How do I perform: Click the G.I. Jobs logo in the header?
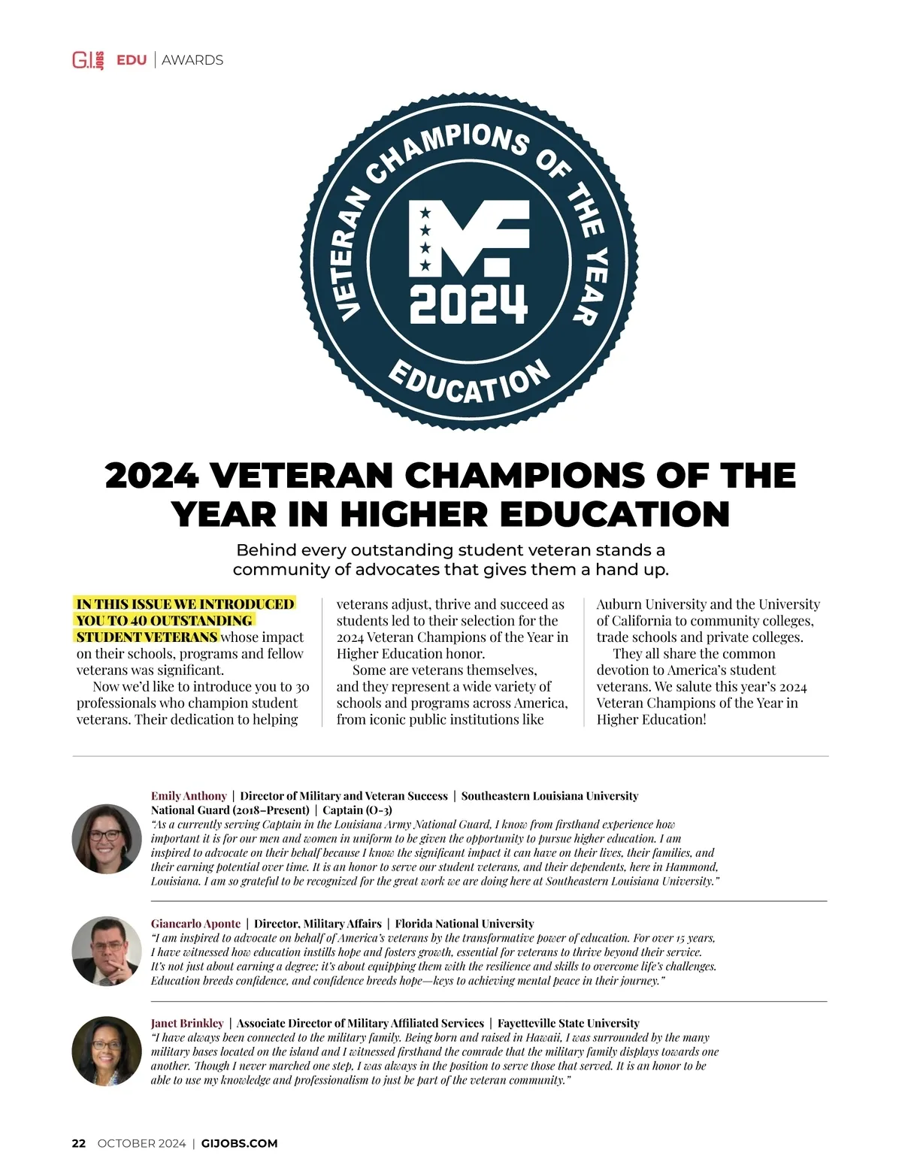pos(88,60)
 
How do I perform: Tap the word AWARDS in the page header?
pos(192,60)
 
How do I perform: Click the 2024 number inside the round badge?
pos(468,304)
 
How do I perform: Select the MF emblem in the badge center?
pos(468,238)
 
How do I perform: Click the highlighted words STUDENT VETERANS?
pos(147,637)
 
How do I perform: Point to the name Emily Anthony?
pos(189,796)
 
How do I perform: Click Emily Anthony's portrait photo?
pos(107,839)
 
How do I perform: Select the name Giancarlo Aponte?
pos(195,924)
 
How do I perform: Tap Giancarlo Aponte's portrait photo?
pos(107,951)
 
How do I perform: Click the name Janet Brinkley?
pos(187,1023)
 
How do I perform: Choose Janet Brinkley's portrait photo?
pos(107,1051)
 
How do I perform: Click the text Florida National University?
pos(465,924)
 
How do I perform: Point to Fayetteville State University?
pos(568,1023)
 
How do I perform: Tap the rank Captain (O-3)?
pos(357,810)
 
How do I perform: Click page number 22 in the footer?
pos(79,1143)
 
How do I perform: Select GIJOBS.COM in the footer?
pos(240,1143)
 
